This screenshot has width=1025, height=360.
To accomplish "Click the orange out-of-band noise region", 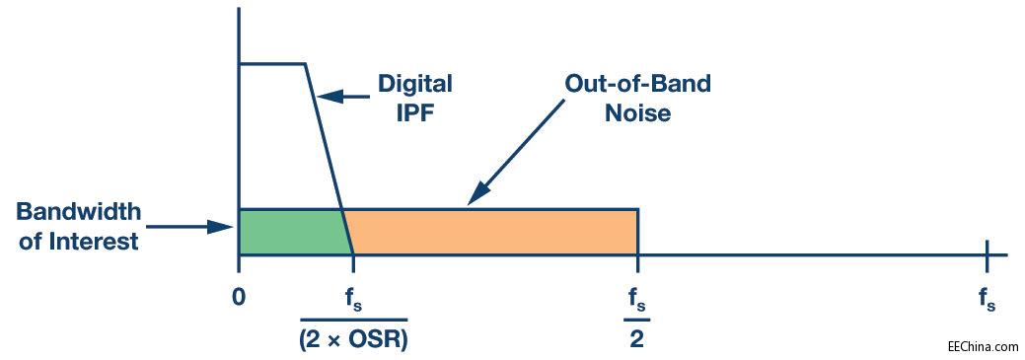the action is coord(490,232).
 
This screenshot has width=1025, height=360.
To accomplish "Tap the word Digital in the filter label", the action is coord(415,85).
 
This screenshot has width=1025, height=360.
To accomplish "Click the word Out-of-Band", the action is coord(637,84).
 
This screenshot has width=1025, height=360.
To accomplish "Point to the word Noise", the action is coord(638,113).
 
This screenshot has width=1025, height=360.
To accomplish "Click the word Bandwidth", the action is coord(79,212).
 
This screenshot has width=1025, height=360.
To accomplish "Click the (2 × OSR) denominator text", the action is coord(354,337).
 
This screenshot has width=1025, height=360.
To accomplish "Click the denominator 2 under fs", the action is coord(637,337).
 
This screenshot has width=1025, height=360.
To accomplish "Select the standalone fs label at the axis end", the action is coord(988,302).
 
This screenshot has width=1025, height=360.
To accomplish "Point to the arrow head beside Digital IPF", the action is coord(329,97).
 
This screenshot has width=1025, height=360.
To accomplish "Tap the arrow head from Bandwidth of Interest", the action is coord(221,228).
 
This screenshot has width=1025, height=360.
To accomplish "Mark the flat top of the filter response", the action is coord(272,63).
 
